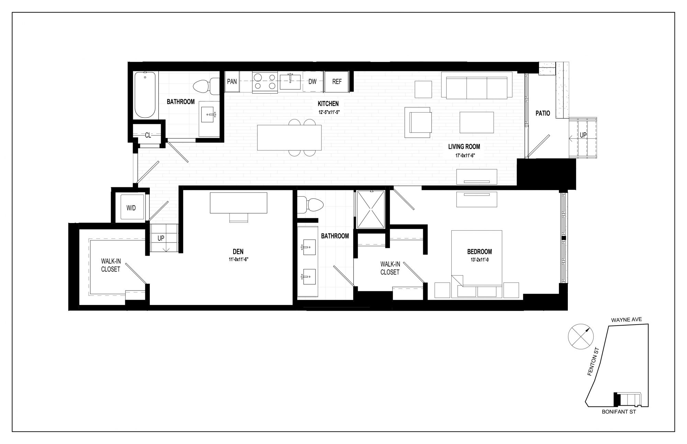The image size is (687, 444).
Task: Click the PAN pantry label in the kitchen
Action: click(232, 82)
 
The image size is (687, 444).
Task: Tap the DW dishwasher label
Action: click(312, 82)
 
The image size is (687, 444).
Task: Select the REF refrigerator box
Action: click(337, 82)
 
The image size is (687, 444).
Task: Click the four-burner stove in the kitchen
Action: click(265, 82)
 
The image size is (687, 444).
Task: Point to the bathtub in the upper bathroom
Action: click(145, 95)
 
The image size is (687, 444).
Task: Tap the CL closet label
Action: click(148, 135)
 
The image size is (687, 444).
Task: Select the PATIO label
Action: click(543, 113)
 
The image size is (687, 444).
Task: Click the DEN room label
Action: click(238, 252)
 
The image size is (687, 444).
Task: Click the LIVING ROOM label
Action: click(464, 147)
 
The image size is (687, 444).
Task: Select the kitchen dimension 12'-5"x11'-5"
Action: click(328, 112)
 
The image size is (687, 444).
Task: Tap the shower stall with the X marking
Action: click(371, 209)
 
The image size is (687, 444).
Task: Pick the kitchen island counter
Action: click(289, 137)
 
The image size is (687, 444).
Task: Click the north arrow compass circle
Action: click(581, 336)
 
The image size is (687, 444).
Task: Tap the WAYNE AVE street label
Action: click(627, 320)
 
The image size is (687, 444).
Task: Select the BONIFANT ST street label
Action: click(619, 412)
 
